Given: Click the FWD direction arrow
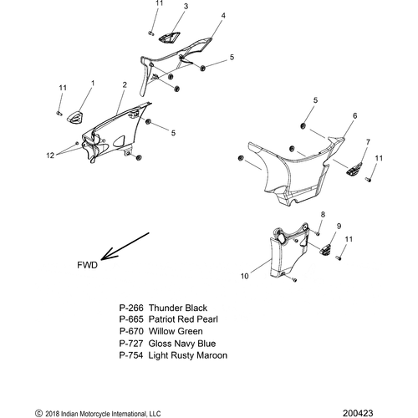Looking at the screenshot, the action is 125,246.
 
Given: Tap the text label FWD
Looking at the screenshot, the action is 88,265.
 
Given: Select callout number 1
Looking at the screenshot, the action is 93,83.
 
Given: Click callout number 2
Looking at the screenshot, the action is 125,84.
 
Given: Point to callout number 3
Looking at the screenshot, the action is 186,6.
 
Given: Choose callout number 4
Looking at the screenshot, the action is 223,16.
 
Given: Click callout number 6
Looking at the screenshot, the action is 354,115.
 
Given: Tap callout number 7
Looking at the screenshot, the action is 368,142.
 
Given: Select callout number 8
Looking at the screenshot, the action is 323,214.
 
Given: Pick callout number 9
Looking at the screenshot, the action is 339,226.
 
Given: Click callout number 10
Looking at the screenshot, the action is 244,276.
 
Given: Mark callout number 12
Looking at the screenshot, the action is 50,155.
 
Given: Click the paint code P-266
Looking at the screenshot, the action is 131,308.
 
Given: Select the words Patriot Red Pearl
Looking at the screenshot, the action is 183,319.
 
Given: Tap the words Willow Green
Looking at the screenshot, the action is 176,331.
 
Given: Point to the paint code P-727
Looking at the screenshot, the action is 131,344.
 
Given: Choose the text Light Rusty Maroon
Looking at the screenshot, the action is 188,355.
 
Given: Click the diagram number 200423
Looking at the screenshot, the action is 358,413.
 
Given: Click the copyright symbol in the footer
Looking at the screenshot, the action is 38,413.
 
